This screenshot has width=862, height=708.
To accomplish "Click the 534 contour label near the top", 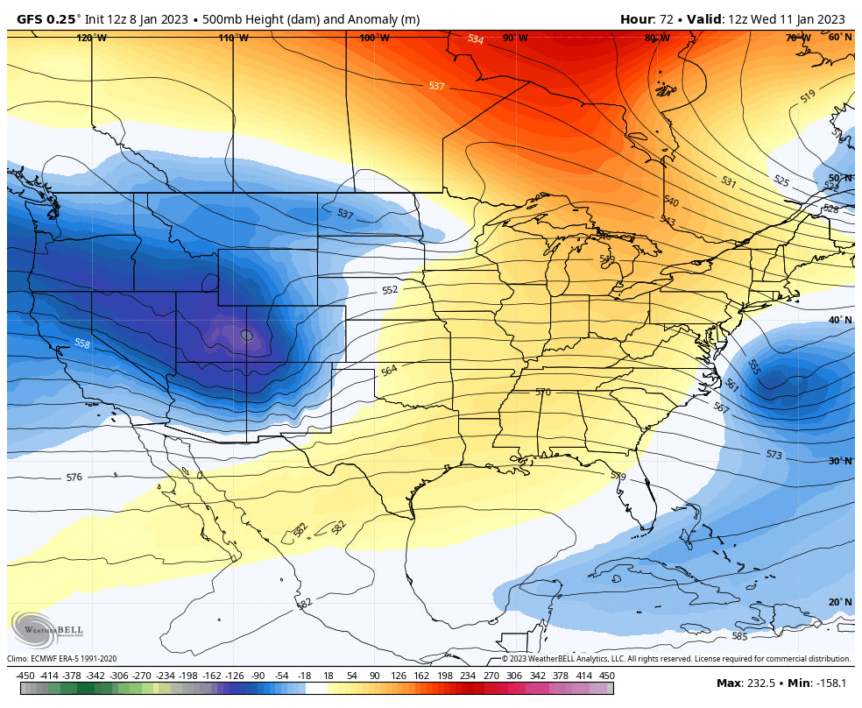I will coord(475,39).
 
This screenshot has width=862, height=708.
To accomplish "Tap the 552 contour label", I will coord(390,290).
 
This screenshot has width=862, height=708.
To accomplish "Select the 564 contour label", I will coord(389,371).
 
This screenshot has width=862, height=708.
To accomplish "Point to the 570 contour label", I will coord(543,392).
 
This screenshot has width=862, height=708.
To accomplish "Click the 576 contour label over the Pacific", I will coord(74,478).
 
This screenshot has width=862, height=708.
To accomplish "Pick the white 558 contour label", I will coord(82,344).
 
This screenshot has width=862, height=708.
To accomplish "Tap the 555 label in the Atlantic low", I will coord(753,366).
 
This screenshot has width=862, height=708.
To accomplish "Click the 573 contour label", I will coord(774,455).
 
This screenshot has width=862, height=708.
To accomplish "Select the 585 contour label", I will coord(739,636).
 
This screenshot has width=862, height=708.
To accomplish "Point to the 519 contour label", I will coord(808,96).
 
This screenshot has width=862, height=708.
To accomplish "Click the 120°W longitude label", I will coord(91,39).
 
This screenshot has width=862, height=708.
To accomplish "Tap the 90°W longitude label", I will coord(515,39).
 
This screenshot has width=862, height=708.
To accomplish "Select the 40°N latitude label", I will coord(840,320).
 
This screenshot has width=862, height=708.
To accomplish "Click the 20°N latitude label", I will coord(840,602).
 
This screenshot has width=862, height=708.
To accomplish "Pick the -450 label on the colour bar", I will coord(25,676).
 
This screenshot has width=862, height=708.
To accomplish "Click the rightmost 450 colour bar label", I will coord(606,676).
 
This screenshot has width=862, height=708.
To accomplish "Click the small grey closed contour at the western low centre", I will coord(247,335).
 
